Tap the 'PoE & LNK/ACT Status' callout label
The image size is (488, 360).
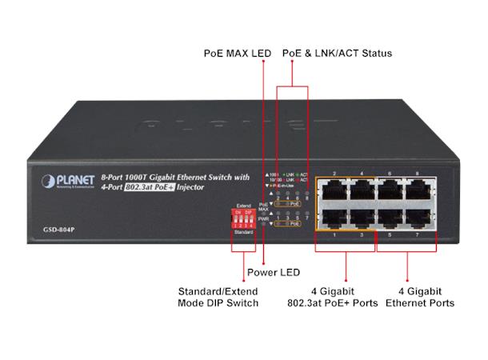pyautogui.click(x=337, y=54)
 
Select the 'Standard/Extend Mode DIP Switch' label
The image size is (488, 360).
pyautogui.click(x=218, y=297)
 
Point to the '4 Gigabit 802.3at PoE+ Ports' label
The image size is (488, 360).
pyautogui.click(x=346, y=297)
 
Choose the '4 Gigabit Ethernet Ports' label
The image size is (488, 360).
pyautogui.click(x=420, y=297)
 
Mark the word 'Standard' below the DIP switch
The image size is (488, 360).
pyautogui.click(x=244, y=232)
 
